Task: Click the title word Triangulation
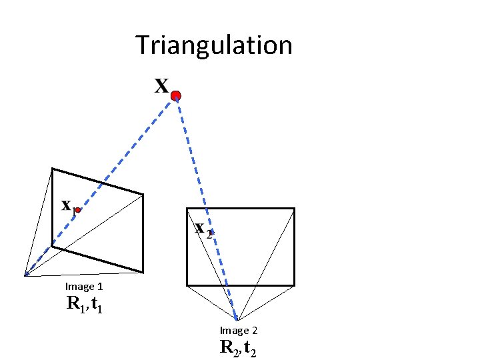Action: click(x=214, y=46)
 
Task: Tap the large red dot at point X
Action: click(x=175, y=96)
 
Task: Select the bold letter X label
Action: click(x=161, y=86)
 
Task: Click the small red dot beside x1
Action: click(x=78, y=210)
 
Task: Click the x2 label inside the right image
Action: click(x=203, y=228)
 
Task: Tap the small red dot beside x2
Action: click(x=212, y=231)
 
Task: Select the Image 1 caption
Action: click(x=84, y=287)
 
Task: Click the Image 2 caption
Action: click(x=239, y=331)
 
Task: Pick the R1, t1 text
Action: click(x=84, y=305)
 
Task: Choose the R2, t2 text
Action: click(x=239, y=347)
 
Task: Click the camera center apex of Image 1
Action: click(x=25, y=275)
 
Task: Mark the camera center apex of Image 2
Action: click(x=237, y=320)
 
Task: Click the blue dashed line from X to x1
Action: click(x=127, y=153)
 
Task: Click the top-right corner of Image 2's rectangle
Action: click(x=294, y=208)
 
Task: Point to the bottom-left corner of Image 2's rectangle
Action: click(x=187, y=285)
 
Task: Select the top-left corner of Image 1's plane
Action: click(x=53, y=169)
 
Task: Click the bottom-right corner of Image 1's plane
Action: click(x=143, y=272)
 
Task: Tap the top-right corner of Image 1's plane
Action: click(x=143, y=195)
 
